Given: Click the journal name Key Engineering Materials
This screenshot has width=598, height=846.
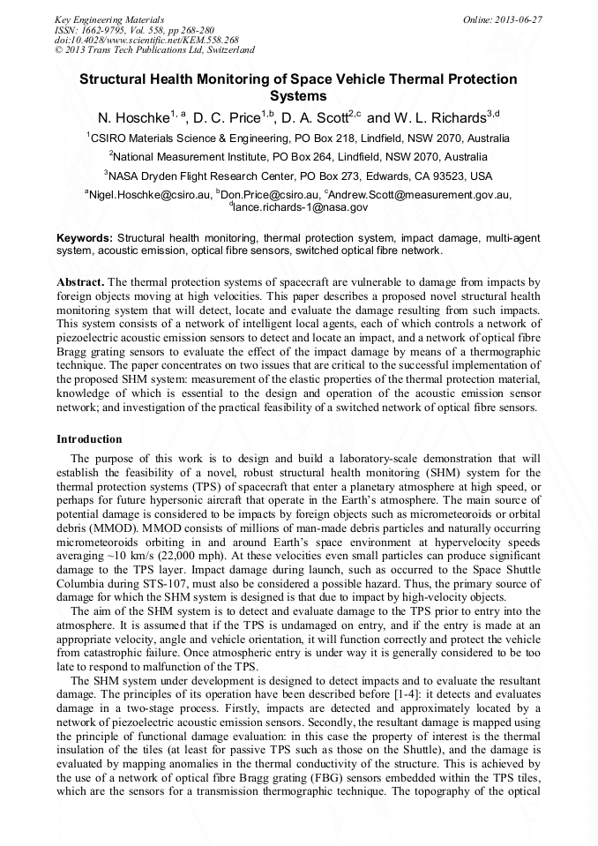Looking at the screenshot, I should pos(108,19).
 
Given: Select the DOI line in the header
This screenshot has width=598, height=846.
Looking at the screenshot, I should pos(146,40).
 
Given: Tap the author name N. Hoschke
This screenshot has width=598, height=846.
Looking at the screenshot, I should pos(133,117).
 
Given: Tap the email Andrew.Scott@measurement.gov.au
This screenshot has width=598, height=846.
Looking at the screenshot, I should pos(421,194).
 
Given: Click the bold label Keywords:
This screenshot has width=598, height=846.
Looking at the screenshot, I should pos(85,238).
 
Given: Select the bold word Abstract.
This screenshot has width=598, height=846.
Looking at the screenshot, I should pos(80,281).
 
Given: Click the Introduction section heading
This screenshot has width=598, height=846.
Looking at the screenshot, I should pos(89,438).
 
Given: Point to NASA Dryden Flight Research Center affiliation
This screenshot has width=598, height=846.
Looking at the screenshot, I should pos(298,176).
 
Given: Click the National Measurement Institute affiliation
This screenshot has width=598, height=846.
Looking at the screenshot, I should pos(298,157).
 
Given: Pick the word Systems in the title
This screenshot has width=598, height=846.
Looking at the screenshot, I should pos(298,96).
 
